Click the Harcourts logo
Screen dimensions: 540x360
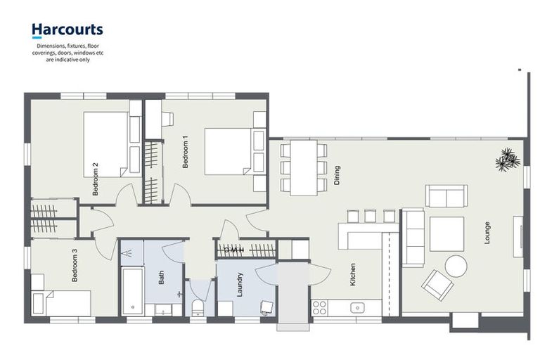coord(67,30)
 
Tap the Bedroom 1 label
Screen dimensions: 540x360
coord(186,152)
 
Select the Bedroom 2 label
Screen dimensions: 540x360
coord(96,179)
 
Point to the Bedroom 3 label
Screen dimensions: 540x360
coord(75,265)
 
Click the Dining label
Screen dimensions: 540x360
coord(337,175)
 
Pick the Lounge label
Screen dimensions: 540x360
coord(487,233)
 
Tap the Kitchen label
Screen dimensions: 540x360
coord(352,274)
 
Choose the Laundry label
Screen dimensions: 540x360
coord(240,285)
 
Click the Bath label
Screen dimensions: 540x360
coord(161,277)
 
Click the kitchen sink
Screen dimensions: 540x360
coord(357,307)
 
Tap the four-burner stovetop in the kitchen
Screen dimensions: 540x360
coord(319,308)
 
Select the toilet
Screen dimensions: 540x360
coord(198,307)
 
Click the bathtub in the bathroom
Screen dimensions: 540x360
coord(133,291)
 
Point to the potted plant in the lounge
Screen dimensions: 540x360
coord(508,160)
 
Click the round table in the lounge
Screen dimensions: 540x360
coord(456,266)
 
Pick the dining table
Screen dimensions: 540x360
coord(304,168)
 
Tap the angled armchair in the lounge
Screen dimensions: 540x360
coord(437,285)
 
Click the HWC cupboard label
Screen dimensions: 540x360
coord(234,250)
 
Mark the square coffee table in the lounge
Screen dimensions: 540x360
coord(446,234)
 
